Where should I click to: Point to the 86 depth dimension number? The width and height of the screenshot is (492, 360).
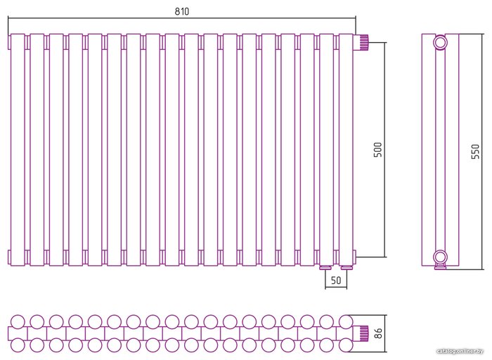tap(379, 333)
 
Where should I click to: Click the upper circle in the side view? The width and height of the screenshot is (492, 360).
tap(440, 42)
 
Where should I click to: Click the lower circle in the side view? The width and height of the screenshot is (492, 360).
tap(440, 256)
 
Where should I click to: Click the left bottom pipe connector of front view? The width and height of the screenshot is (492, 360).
tap(325, 267)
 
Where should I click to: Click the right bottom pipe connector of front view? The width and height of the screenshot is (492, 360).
tap(345, 267)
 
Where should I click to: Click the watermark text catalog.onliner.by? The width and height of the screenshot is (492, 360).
tap(461, 351)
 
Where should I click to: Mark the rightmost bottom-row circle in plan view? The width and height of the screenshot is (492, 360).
tap(345, 345)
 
